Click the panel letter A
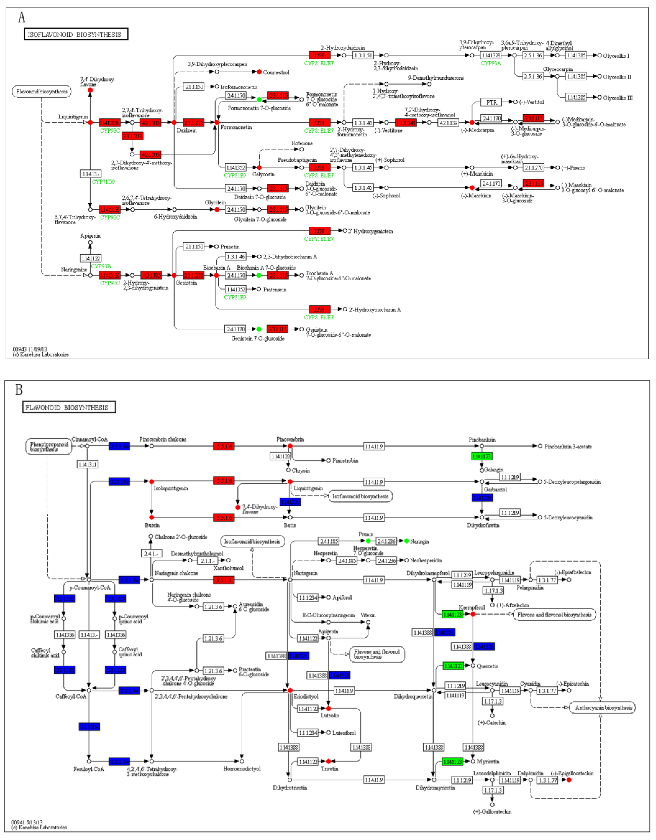(x=22, y=17)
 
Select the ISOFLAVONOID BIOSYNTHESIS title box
(x=76, y=34)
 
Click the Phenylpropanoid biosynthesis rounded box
(x=49, y=447)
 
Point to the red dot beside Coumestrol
(x=259, y=72)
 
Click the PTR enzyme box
(x=491, y=102)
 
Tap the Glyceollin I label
(x=616, y=56)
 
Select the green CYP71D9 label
(x=103, y=181)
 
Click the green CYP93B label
(x=101, y=266)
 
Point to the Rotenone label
(x=302, y=143)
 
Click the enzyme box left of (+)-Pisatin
(x=533, y=168)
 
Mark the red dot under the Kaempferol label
(x=473, y=614)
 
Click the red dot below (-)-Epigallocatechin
(x=569, y=780)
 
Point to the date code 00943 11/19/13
(x=30, y=349)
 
